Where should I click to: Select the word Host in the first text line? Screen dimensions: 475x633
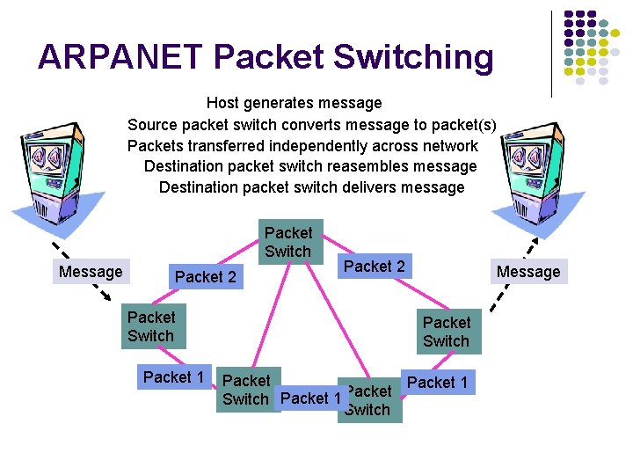pyautogui.click(x=223, y=104)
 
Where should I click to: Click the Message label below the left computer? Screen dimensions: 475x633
pyautogui.click(x=91, y=272)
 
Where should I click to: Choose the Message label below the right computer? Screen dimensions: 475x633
pyautogui.click(x=528, y=272)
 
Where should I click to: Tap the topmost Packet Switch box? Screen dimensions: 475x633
pyautogui.click(x=288, y=242)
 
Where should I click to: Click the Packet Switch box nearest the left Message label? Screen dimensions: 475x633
pyautogui.click(x=151, y=326)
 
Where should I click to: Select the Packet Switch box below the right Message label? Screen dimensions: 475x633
pyautogui.click(x=447, y=332)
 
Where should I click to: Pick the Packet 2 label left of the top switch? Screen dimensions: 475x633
pyautogui.click(x=206, y=277)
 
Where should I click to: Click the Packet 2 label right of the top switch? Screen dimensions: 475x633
pyautogui.click(x=375, y=266)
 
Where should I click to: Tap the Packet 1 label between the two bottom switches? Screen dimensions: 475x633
pyautogui.click(x=310, y=398)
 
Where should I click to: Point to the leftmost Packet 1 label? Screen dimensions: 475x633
pyautogui.click(x=173, y=377)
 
